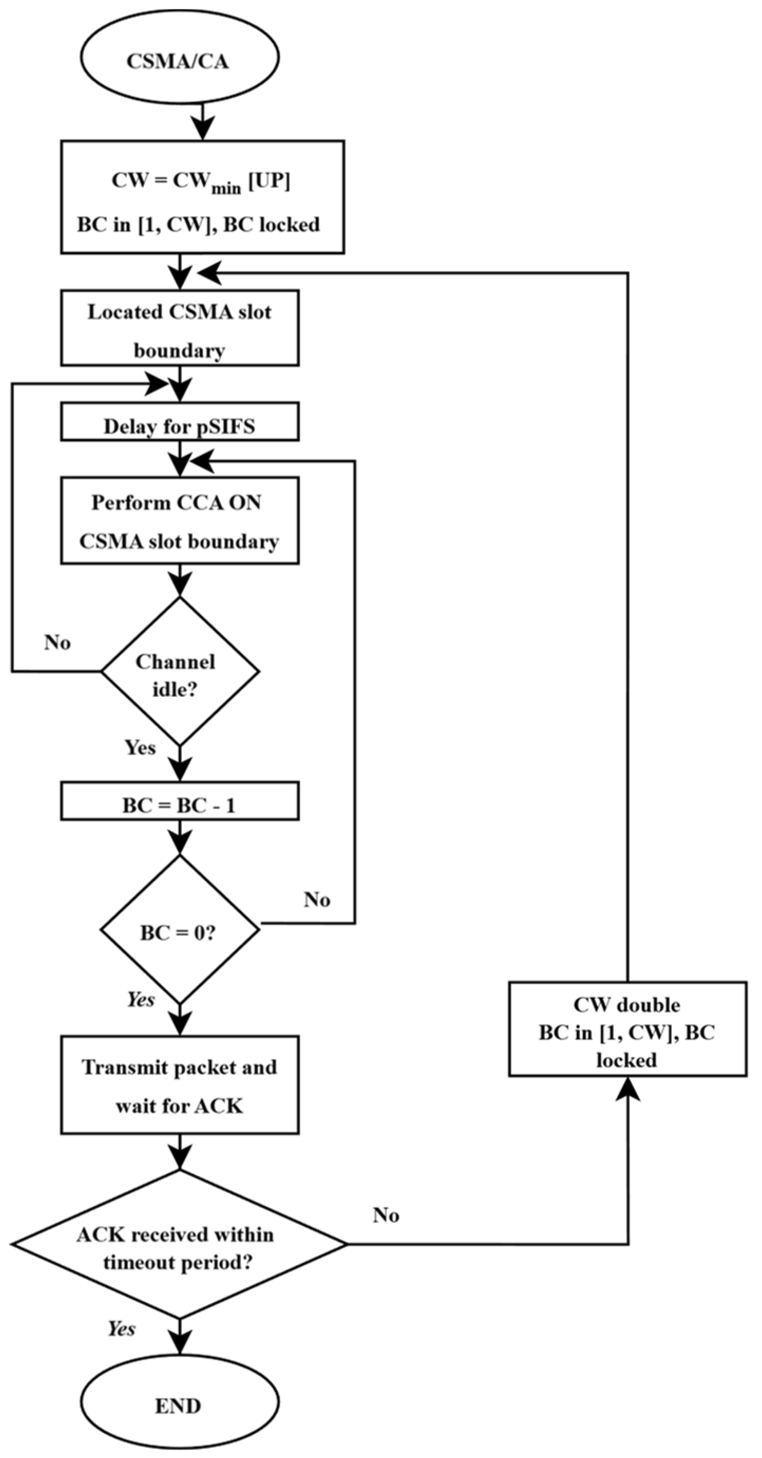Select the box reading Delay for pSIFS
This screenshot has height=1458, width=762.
[x=179, y=422]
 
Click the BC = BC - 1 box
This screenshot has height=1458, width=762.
[x=179, y=801]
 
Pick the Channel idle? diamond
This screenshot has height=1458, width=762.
[x=179, y=672]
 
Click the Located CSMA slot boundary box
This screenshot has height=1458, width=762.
[x=179, y=328]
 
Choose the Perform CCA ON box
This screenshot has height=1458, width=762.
[x=179, y=520]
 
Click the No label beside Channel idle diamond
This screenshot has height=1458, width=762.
[x=57, y=643]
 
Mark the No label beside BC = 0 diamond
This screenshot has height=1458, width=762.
[x=317, y=899]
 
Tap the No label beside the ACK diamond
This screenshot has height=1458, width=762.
[x=386, y=1215]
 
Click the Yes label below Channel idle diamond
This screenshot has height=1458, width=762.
[x=140, y=747]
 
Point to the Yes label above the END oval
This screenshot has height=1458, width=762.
[x=121, y=1329]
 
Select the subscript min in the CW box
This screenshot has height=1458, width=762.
[x=226, y=189]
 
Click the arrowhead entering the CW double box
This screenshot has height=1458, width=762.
[x=627, y=1088]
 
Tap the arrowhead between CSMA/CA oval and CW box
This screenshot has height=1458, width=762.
[x=202, y=128]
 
